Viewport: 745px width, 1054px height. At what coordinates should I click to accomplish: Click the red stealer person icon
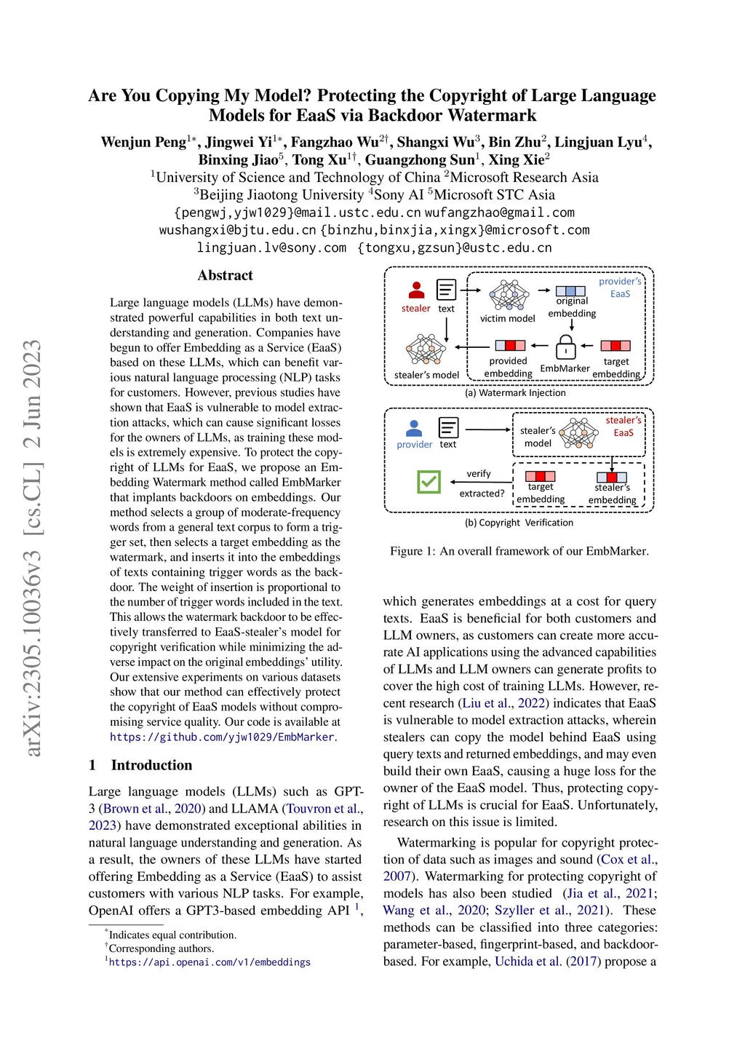(416, 290)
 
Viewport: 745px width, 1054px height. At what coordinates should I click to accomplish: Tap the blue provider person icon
(414, 428)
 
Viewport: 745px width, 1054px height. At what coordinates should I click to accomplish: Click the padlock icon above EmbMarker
(565, 347)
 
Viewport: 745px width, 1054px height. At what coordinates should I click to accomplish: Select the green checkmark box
(429, 481)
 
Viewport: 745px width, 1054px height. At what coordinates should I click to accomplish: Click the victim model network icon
(509, 296)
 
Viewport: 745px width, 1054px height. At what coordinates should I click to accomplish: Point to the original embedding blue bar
(570, 291)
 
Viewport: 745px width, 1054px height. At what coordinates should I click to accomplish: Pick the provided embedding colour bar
(510, 345)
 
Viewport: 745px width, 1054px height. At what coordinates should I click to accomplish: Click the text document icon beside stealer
(446, 290)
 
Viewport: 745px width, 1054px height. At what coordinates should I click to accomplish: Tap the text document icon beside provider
(448, 427)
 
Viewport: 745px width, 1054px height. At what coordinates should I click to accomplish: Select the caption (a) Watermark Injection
(515, 393)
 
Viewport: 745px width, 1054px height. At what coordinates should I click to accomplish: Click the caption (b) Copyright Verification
(519, 523)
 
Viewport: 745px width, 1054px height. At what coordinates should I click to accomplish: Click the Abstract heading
(225, 275)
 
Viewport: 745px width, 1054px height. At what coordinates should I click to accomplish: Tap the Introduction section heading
(151, 765)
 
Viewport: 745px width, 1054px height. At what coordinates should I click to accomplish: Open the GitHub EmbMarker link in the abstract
(222, 737)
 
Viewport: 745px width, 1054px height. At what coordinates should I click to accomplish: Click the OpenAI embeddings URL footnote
(210, 962)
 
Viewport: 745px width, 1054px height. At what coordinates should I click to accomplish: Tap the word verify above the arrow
(478, 474)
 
